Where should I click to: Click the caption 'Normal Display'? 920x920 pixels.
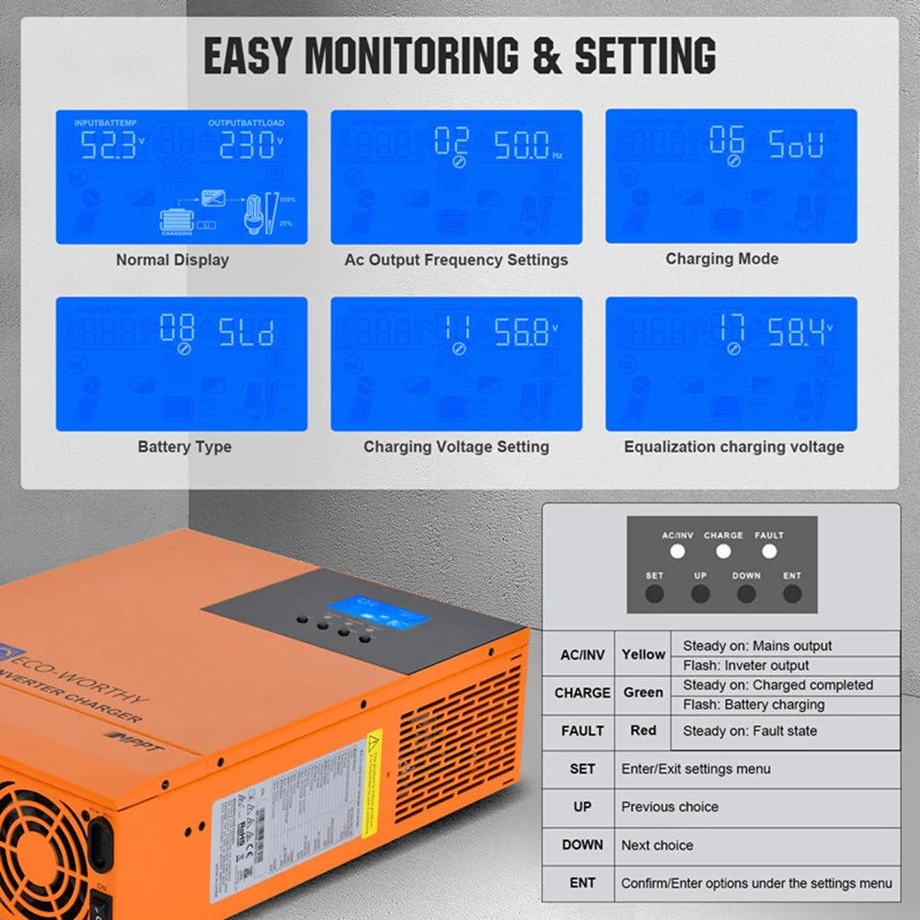(172, 260)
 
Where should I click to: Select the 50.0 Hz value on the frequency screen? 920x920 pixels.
(522, 145)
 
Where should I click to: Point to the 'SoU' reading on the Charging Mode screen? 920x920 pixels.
(797, 145)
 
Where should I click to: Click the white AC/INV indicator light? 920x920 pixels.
(678, 552)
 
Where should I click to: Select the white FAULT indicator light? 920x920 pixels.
(769, 552)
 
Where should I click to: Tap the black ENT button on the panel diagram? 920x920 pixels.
(792, 593)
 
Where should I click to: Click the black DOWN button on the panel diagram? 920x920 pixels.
(746, 593)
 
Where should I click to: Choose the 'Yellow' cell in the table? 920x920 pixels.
(643, 655)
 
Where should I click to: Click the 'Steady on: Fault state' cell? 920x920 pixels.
(750, 731)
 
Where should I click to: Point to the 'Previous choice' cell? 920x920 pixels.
(670, 807)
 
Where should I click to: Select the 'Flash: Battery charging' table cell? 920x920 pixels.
(753, 705)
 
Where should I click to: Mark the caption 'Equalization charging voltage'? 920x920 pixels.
(733, 447)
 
